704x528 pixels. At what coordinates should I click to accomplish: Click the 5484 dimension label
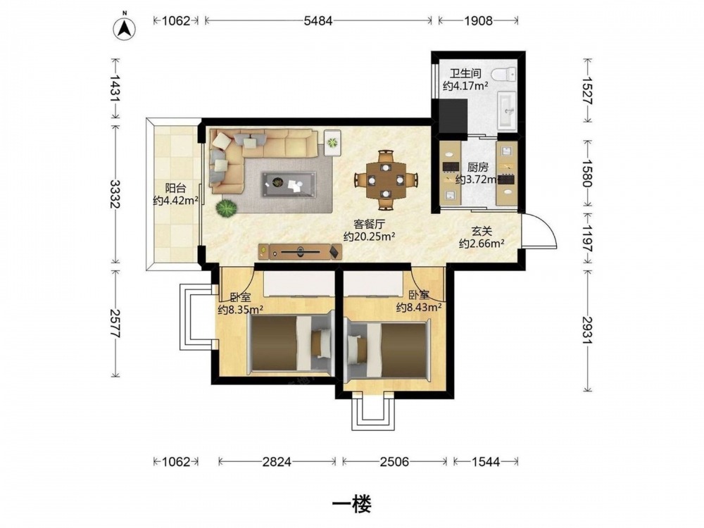click(x=318, y=20)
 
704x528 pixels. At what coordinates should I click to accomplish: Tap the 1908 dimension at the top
click(x=478, y=20)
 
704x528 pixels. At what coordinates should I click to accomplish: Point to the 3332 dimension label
click(x=116, y=194)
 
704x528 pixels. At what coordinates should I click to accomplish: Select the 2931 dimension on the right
click(x=588, y=330)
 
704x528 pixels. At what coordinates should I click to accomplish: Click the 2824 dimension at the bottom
click(x=277, y=462)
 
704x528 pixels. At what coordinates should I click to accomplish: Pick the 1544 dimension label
click(x=485, y=462)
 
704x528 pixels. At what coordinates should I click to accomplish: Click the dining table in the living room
click(x=386, y=180)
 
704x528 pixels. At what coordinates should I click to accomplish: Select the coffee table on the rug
click(x=289, y=184)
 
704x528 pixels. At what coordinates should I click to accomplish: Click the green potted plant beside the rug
click(x=226, y=208)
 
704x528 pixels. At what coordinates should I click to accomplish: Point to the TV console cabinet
click(x=300, y=252)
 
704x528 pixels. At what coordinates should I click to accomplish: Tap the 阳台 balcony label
click(x=175, y=188)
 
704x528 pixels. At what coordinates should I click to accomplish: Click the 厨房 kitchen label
click(x=477, y=168)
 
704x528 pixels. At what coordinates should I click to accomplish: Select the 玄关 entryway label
click(x=482, y=232)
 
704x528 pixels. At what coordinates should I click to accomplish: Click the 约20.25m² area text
click(x=369, y=237)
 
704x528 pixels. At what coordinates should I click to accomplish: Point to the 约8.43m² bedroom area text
click(x=418, y=307)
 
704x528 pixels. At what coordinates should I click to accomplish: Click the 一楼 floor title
click(x=351, y=504)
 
